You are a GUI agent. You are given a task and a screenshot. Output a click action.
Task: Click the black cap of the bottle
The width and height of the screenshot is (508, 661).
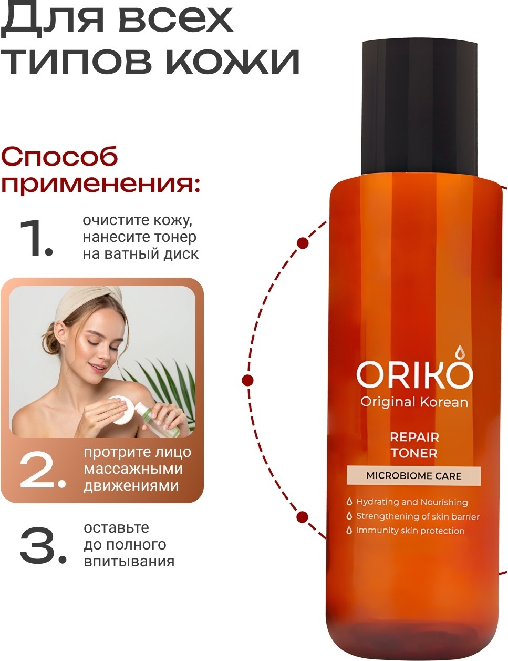click(x=419, y=108)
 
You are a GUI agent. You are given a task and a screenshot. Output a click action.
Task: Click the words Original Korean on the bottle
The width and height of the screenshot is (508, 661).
click(x=414, y=402)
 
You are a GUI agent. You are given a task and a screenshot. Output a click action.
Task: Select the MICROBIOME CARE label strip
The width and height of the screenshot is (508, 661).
click(x=414, y=476)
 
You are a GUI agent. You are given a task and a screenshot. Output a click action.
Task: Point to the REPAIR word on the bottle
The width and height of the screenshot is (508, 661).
click(x=414, y=438)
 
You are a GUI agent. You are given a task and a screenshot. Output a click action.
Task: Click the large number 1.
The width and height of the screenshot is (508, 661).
click(x=36, y=237)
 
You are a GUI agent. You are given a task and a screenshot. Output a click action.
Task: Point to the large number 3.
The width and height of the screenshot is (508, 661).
click(x=43, y=545)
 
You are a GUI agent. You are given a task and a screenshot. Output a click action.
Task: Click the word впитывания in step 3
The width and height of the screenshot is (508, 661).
click(x=129, y=562)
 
